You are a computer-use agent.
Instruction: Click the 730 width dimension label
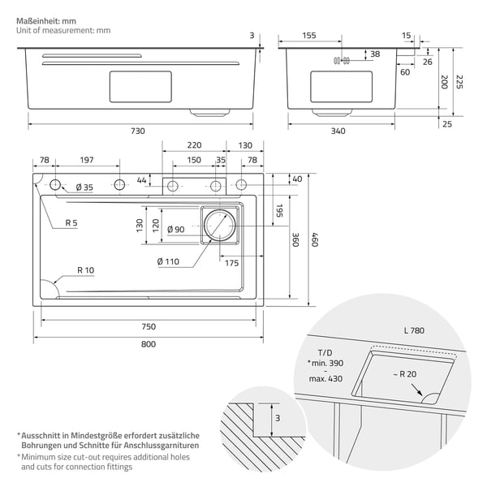pyautogui.click(x=138, y=131)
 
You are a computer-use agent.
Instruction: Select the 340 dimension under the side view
pyautogui.click(x=338, y=131)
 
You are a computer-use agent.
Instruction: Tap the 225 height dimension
pyautogui.click(x=459, y=82)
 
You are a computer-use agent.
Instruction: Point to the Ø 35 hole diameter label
pyautogui.click(x=84, y=187)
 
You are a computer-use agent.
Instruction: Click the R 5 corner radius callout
pyautogui.click(x=71, y=222)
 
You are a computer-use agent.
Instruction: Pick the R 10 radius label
pyautogui.click(x=86, y=270)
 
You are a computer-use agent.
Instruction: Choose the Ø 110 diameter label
pyautogui.click(x=168, y=261)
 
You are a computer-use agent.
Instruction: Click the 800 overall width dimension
pyautogui.click(x=149, y=344)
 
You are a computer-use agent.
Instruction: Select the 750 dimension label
pyautogui.click(x=149, y=327)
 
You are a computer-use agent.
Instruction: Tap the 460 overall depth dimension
pyautogui.click(x=315, y=239)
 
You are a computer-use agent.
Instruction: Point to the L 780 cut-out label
pyautogui.click(x=414, y=330)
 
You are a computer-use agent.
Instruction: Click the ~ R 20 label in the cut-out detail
pyautogui.click(x=405, y=374)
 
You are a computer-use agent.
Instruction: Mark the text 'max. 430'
pyautogui.click(x=325, y=379)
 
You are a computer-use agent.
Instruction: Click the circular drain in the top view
pyautogui.click(x=220, y=226)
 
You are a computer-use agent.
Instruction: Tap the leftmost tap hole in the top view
pyautogui.click(x=55, y=185)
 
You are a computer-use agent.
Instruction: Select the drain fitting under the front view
pyautogui.click(x=210, y=113)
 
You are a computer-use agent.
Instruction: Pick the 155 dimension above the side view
pyautogui.click(x=309, y=36)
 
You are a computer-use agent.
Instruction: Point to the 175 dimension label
pyautogui.click(x=231, y=263)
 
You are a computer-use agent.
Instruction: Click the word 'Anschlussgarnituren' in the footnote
pyautogui.click(x=162, y=446)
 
